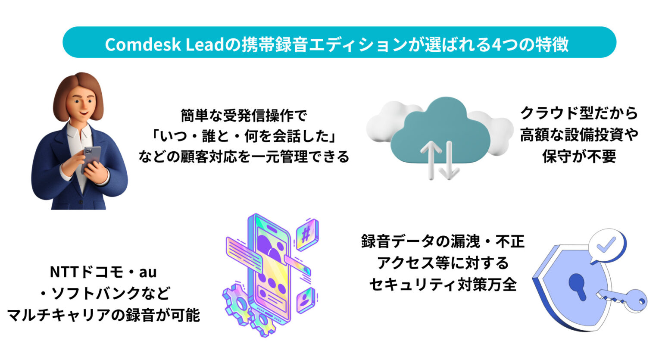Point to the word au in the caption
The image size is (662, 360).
[x=147, y=272]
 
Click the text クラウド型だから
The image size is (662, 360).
[x=579, y=113]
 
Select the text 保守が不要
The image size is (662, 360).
[x=579, y=157]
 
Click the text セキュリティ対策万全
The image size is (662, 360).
[x=443, y=285]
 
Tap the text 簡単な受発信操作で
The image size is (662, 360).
[x=244, y=115]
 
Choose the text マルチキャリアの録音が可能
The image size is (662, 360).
[x=103, y=315]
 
